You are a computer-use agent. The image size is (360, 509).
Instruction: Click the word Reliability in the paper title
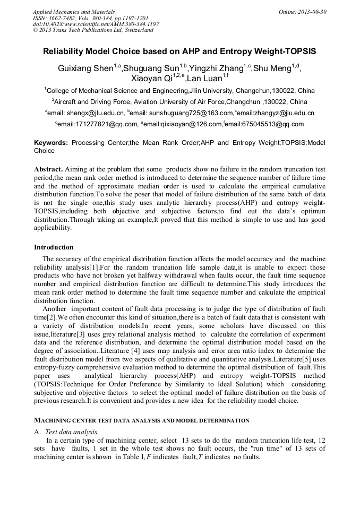pyautogui.click(x=65, y=52)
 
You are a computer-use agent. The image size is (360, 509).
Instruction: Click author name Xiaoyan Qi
pyautogui.click(x=150, y=79)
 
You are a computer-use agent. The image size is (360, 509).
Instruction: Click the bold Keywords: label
pyautogui.click(x=51, y=143)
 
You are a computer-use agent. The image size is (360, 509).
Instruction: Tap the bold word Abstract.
pyautogui.click(x=48, y=169)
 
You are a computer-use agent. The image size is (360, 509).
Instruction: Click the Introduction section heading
pyautogui.click(x=54, y=247)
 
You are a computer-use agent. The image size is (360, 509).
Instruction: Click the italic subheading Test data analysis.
pyautogui.click(x=72, y=432)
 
